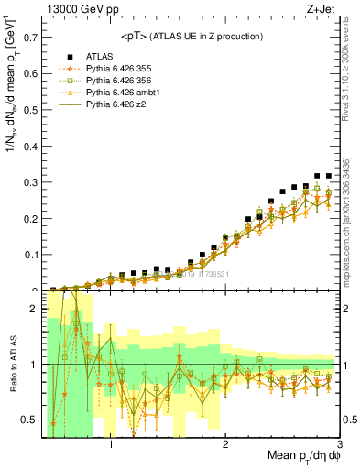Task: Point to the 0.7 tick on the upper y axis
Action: [29, 38]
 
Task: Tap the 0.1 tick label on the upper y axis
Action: [29, 256]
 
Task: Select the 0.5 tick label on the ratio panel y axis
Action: [29, 420]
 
